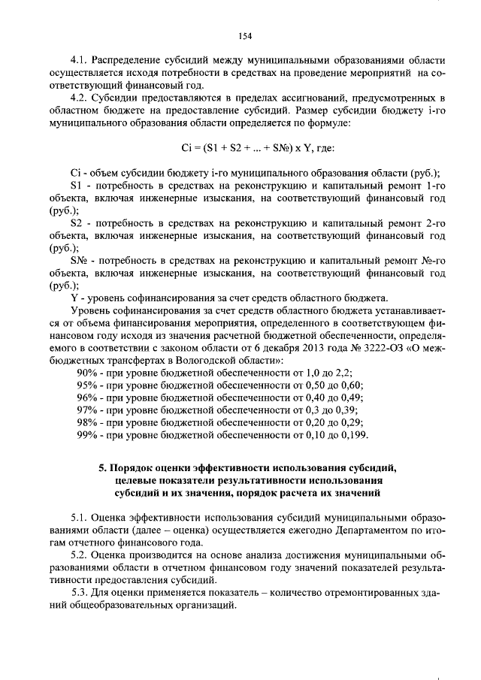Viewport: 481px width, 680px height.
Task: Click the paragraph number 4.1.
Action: pyautogui.click(x=78, y=59)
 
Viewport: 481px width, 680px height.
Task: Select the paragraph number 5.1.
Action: pyautogui.click(x=78, y=518)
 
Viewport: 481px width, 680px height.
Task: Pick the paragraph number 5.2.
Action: pyautogui.click(x=78, y=555)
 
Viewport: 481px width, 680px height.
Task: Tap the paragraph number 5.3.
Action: pyautogui.click(x=78, y=593)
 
